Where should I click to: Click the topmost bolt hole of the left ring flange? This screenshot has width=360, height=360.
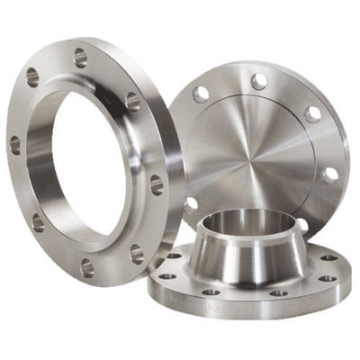pyautogui.click(x=80, y=59)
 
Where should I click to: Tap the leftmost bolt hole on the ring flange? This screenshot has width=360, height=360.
pyautogui.click(x=15, y=143)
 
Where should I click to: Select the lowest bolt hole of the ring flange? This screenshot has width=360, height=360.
pyautogui.click(x=87, y=266)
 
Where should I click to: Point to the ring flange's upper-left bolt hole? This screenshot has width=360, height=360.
pyautogui.click(x=32, y=77)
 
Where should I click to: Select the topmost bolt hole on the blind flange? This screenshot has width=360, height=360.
pyautogui.click(x=258, y=82)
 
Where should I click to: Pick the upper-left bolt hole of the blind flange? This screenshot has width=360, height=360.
pyautogui.click(x=201, y=94)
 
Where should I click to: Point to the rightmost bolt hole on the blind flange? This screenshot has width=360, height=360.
pyautogui.click(x=330, y=175)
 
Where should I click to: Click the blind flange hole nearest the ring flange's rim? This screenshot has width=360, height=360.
pyautogui.click(x=190, y=204)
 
